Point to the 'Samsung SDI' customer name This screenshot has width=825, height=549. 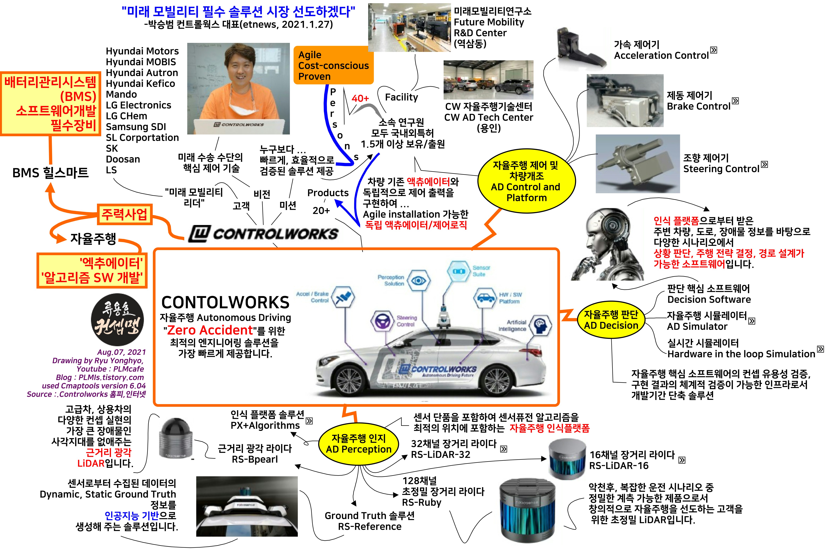tap(136, 127)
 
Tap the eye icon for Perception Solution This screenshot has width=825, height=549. tap(418, 280)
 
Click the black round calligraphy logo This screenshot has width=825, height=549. tap(117, 320)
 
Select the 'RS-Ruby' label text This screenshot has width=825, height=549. tap(421, 502)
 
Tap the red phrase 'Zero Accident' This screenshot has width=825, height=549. tap(210, 330)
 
